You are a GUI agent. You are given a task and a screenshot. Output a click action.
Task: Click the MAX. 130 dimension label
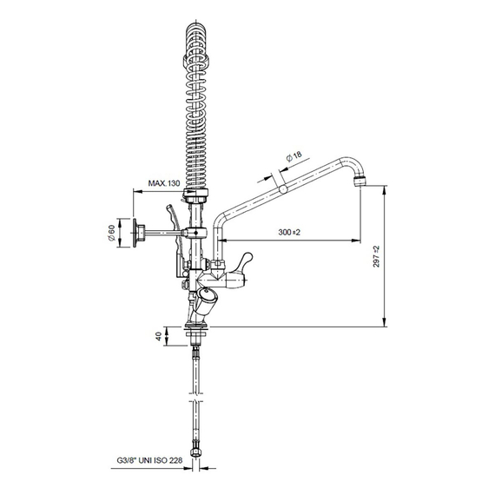pyautogui.click(x=164, y=183)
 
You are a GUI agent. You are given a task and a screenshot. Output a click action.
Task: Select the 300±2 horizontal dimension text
pyautogui.click(x=289, y=233)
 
